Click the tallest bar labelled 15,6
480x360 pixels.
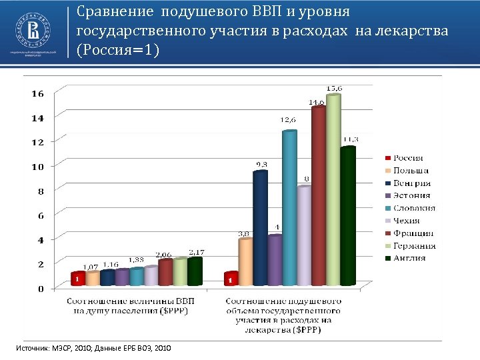tap(333, 193)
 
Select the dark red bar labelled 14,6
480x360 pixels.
tap(318, 200)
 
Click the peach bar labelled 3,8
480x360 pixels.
tap(245, 263)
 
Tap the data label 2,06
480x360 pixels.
tap(164, 255)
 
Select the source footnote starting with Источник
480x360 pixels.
tap(94, 348)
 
